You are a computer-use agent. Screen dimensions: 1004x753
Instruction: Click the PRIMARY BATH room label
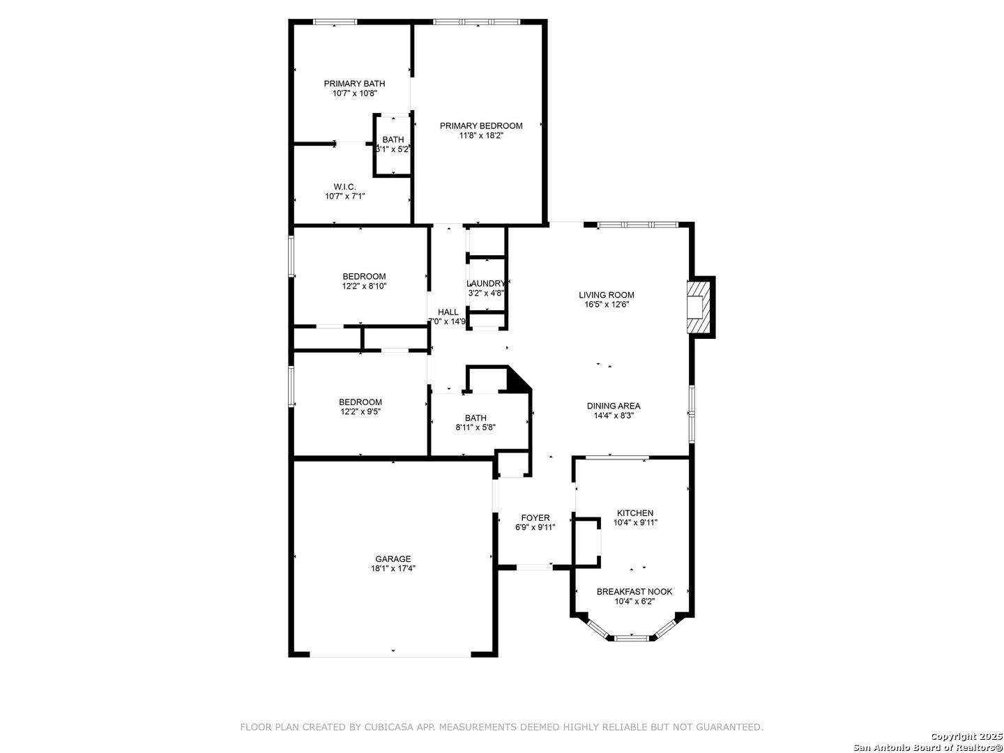click(x=354, y=84)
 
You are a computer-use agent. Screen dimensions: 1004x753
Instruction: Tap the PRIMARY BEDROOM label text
click(x=480, y=125)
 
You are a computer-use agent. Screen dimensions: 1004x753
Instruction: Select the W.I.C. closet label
click(x=344, y=187)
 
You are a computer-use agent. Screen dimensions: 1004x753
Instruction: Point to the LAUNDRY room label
click(x=485, y=284)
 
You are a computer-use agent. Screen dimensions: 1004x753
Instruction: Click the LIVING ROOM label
click(x=606, y=295)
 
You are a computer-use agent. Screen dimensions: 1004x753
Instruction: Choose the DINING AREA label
click(x=614, y=406)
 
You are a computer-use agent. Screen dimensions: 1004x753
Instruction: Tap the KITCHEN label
click(x=635, y=513)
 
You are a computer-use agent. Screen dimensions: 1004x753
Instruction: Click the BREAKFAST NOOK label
click(x=634, y=592)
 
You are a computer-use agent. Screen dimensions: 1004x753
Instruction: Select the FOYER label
click(x=535, y=518)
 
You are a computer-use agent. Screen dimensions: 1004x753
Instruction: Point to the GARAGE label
click(x=393, y=558)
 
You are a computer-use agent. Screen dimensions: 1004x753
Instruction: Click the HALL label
click(x=448, y=312)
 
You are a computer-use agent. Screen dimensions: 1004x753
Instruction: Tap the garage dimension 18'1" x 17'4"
click(x=393, y=569)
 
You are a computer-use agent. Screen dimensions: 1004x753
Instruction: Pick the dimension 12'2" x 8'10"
click(x=364, y=286)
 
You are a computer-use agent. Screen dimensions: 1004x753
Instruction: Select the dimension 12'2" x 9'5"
click(x=360, y=412)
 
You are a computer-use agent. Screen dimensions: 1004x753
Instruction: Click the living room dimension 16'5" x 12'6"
click(x=606, y=305)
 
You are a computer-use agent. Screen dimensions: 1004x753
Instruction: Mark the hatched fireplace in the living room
click(x=699, y=307)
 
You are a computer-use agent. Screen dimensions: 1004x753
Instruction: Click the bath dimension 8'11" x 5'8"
click(x=476, y=428)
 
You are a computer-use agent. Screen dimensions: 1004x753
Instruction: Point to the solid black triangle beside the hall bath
click(x=517, y=380)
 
